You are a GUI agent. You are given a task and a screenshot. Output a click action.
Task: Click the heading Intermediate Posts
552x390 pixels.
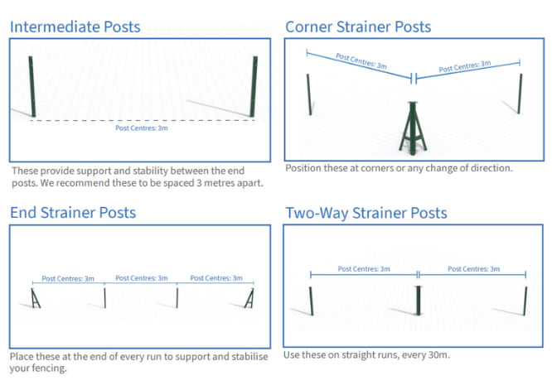coord(75,26)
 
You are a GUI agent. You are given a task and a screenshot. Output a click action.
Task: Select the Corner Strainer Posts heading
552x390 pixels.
coord(358,26)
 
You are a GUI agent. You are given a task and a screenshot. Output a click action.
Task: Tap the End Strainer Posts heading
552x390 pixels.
coord(73,213)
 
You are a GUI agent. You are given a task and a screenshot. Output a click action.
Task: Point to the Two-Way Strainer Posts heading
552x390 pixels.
coord(366,213)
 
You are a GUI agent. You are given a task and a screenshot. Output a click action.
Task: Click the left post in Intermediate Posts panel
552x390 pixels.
coord(32,86)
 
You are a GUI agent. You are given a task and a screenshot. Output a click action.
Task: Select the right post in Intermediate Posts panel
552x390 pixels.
coord(254,86)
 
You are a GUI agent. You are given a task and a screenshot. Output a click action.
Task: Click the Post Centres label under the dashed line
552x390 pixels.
coord(142,128)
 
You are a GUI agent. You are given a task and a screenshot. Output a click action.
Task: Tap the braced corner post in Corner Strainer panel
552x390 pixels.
coord(413,128)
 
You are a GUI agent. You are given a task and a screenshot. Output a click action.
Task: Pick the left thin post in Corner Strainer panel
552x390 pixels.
coord(309,94)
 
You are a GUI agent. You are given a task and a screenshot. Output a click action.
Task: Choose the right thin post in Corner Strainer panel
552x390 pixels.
coord(520,94)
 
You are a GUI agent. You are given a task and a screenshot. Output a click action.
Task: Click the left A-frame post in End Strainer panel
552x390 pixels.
coord(35,298)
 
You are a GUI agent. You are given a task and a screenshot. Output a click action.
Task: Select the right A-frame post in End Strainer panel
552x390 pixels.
coord(249,298)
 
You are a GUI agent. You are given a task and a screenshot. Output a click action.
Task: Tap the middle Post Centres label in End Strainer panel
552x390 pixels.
coord(142,278)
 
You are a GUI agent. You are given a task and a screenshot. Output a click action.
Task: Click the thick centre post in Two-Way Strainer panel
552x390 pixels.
coord(419,301)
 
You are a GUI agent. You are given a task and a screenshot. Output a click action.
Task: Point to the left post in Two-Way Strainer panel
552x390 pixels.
coord(311,301)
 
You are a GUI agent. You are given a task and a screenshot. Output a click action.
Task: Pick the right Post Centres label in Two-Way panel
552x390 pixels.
coord(473,269)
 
